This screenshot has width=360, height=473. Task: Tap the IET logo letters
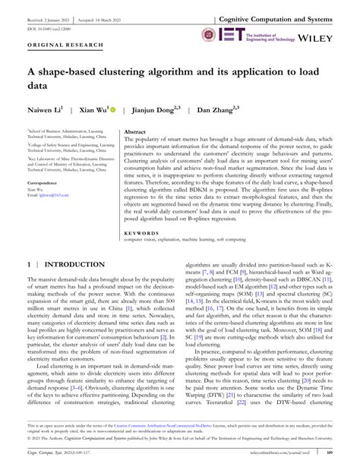(x=232, y=34)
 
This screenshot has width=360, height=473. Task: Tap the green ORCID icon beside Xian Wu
(x=114, y=110)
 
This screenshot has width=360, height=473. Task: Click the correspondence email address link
(x=62, y=196)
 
